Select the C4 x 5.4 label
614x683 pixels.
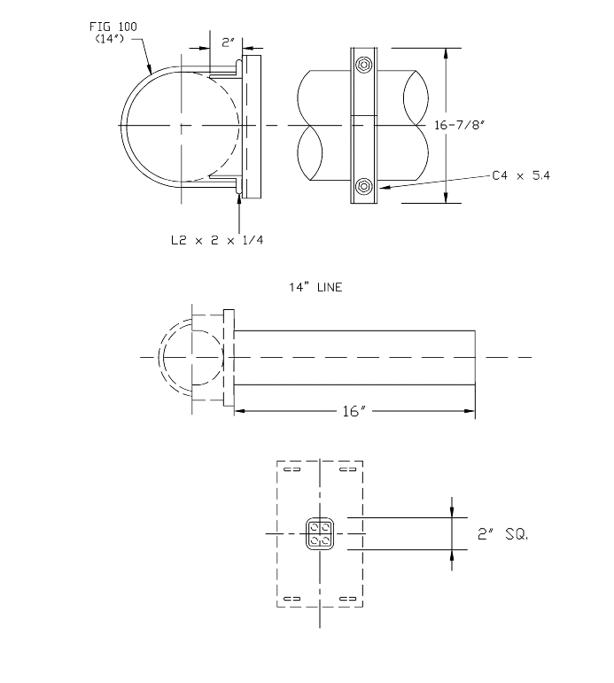coord(521,176)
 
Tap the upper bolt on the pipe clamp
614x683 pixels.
coord(363,64)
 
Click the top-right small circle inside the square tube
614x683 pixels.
coord(324,530)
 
